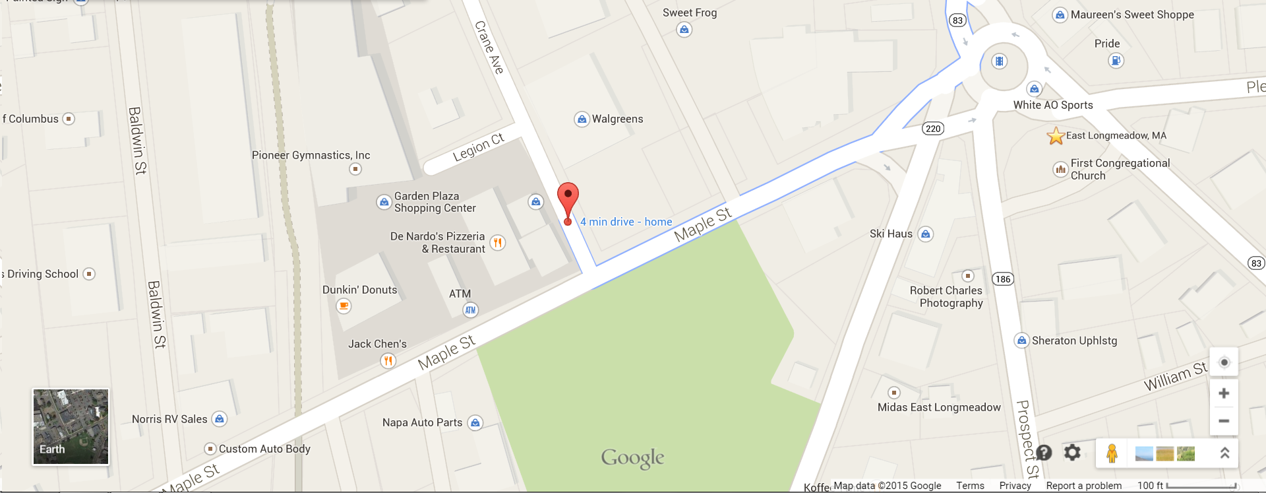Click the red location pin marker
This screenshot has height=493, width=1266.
(x=568, y=198)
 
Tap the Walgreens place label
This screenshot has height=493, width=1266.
(x=617, y=119)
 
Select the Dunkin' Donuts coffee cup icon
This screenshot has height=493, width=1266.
(x=344, y=306)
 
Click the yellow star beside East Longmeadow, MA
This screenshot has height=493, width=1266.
(x=1056, y=136)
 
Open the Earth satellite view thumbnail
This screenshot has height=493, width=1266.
(x=71, y=426)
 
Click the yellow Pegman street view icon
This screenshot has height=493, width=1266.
(x=1112, y=453)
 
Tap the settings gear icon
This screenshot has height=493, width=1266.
(x=1073, y=453)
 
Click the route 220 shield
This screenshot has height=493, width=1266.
(x=933, y=129)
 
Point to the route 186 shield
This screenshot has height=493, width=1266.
(x=1003, y=279)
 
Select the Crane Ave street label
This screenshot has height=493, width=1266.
(x=489, y=47)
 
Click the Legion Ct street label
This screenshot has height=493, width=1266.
(x=478, y=147)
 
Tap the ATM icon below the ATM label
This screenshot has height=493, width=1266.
(x=470, y=310)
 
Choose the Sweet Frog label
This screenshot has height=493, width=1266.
(x=690, y=13)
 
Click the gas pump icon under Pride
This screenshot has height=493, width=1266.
(x=1116, y=61)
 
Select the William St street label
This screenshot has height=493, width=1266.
(x=1175, y=376)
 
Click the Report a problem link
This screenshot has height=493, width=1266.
(x=1083, y=486)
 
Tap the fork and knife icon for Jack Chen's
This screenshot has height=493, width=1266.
(x=388, y=361)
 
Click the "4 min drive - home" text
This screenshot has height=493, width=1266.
(x=626, y=222)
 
